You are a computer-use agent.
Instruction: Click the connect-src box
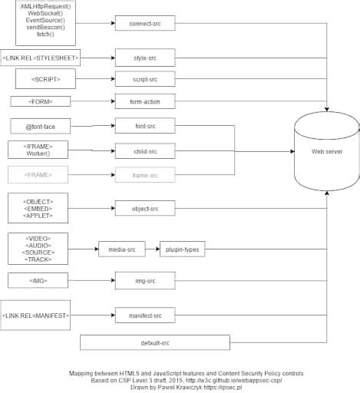tap(144, 23)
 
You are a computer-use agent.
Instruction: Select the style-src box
tap(144, 58)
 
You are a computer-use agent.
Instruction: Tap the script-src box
tap(144, 79)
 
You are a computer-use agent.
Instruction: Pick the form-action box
tap(144, 101)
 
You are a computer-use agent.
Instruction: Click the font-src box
tap(144, 125)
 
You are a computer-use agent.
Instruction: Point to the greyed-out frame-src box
tap(144, 175)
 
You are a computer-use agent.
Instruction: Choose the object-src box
tap(144, 208)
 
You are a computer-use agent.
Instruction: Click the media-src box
tap(121, 249)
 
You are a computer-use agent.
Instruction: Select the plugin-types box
tap(182, 249)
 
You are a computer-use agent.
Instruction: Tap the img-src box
tap(144, 282)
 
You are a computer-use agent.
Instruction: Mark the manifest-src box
tap(144, 315)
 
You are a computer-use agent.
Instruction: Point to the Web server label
tap(327, 152)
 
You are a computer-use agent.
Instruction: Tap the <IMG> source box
tap(38, 282)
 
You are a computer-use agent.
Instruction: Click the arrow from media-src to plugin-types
tap(152, 249)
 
